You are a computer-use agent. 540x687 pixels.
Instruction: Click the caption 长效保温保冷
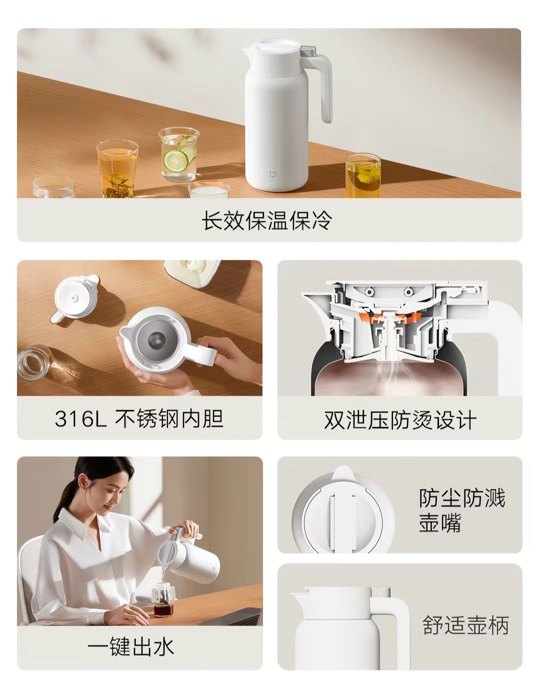point(267,220)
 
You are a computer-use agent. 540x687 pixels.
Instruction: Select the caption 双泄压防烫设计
point(400,420)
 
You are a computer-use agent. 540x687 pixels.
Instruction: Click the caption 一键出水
point(131,648)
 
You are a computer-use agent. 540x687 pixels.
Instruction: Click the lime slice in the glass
point(175,160)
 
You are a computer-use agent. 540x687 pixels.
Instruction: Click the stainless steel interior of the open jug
point(157,340)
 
